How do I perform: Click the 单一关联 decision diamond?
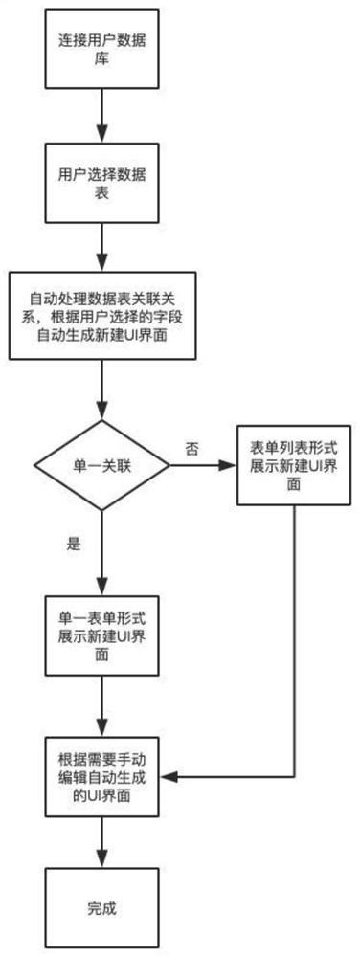pyautogui.click(x=101, y=466)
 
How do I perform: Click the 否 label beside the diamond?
pyautogui.click(x=191, y=447)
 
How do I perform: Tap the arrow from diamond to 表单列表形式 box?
pyautogui.click(x=203, y=466)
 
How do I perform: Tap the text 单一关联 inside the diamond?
pyautogui.click(x=101, y=466)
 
